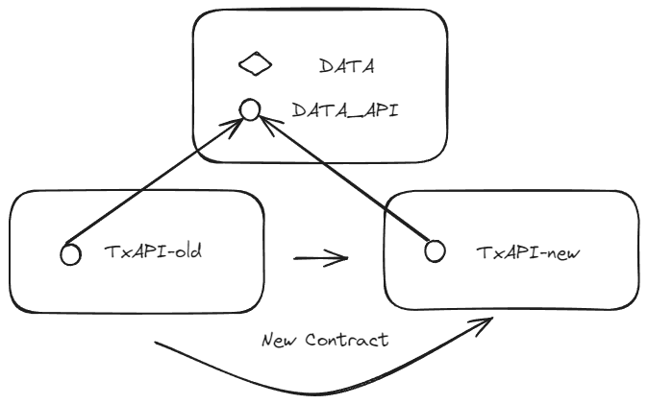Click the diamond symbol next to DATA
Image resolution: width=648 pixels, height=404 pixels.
tap(256, 65)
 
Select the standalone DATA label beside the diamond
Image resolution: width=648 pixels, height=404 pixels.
tap(345, 66)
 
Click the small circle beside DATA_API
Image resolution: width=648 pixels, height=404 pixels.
tap(249, 111)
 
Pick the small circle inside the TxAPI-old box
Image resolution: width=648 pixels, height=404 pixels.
tap(69, 254)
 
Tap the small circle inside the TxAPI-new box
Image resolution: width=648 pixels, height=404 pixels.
tap(435, 251)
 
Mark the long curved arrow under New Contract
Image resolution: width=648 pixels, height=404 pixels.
tap(317, 388)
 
